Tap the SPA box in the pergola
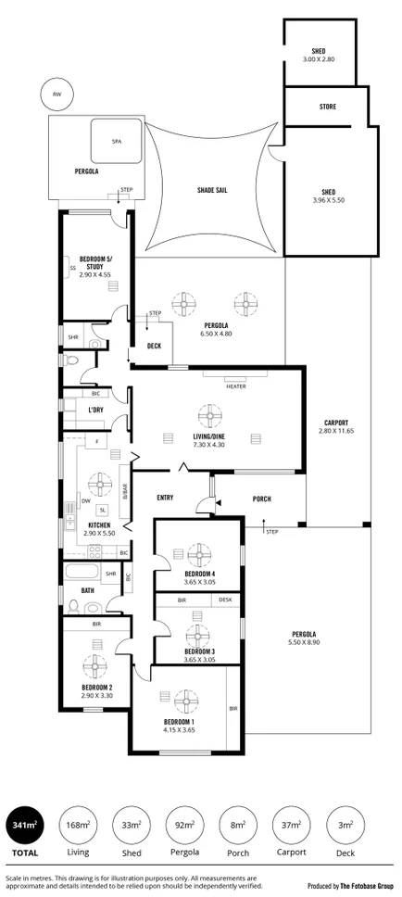[116, 141]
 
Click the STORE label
[328, 107]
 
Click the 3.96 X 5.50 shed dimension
[328, 200]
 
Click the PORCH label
[262, 499]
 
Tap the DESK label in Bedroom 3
[225, 600]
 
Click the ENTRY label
[165, 498]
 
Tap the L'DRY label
[95, 410]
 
